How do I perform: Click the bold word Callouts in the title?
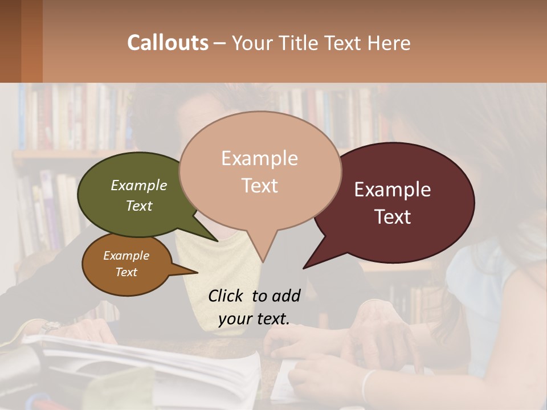tap(168, 43)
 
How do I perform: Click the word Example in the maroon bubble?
tap(393, 190)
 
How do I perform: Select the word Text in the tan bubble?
tap(259, 186)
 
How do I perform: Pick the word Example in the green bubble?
tap(139, 185)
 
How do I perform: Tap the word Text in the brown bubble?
tap(126, 272)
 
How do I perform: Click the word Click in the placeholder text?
tap(226, 296)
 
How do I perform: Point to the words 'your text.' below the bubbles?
tap(254, 319)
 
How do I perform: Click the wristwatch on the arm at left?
tap(50, 326)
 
